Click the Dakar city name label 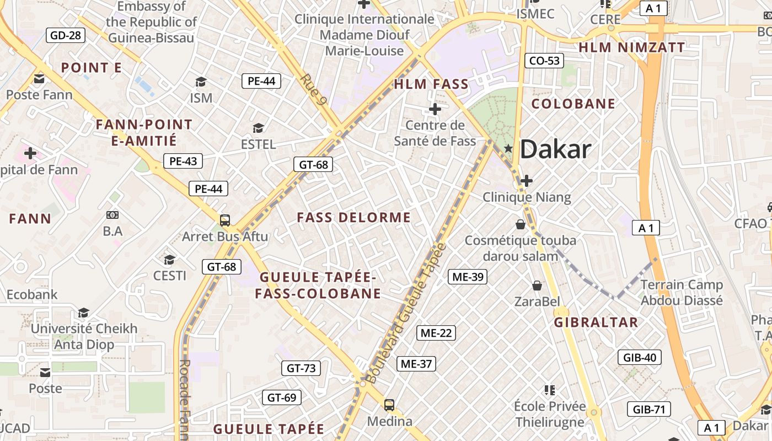[555, 149]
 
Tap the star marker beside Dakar [508, 148]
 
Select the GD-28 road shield [66, 36]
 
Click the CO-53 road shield [544, 61]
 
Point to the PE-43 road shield [183, 162]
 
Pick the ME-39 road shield [468, 277]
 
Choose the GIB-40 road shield [640, 357]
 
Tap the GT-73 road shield [301, 368]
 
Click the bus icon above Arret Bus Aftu [224, 220]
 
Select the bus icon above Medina [389, 405]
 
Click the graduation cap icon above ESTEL [258, 128]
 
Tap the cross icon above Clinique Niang [527, 180]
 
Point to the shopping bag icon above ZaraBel [537, 285]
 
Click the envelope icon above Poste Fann [39, 79]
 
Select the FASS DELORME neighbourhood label [354, 218]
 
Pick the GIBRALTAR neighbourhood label [596, 322]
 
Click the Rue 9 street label [314, 89]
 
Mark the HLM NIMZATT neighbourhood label [631, 47]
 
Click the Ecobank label [32, 294]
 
